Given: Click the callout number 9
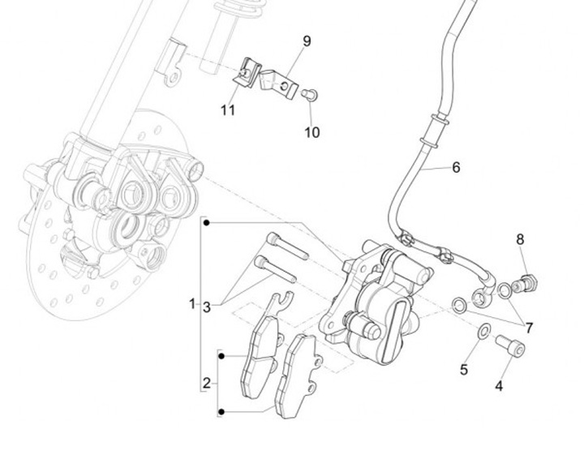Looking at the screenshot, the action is click(307, 41).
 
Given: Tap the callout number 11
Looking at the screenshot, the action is click(228, 110).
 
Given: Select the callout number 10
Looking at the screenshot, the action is click(312, 132).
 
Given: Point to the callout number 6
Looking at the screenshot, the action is click(456, 168).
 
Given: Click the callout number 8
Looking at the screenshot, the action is click(520, 239).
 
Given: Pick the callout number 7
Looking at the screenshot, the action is click(529, 328).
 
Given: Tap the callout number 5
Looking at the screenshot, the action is click(464, 370).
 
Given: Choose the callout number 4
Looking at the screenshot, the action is click(499, 386).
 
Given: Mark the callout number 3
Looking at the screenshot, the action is click(207, 307).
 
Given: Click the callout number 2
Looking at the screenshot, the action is click(207, 383).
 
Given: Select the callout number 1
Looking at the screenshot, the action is click(192, 304).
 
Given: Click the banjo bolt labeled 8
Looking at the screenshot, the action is click(525, 284).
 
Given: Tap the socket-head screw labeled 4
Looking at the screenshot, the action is click(510, 346).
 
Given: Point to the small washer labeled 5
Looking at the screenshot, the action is click(483, 331).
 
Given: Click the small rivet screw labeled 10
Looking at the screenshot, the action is click(310, 95).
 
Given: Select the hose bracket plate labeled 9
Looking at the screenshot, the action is click(278, 85).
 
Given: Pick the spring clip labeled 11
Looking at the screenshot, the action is click(247, 73).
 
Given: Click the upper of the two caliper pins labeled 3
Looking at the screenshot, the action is click(287, 246).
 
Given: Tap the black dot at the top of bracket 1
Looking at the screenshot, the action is click(207, 223).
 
